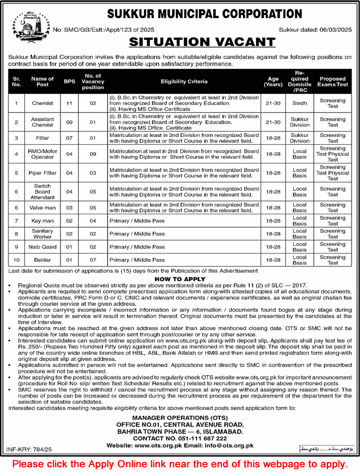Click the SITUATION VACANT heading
coord(202,42)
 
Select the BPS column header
coord(69,82)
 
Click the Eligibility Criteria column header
coord(184,82)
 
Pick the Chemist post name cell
coord(42,103)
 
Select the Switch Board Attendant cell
coord(42,191)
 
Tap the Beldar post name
coord(42,260)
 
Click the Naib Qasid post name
coord(42,247)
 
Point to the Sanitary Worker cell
coord(42,234)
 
